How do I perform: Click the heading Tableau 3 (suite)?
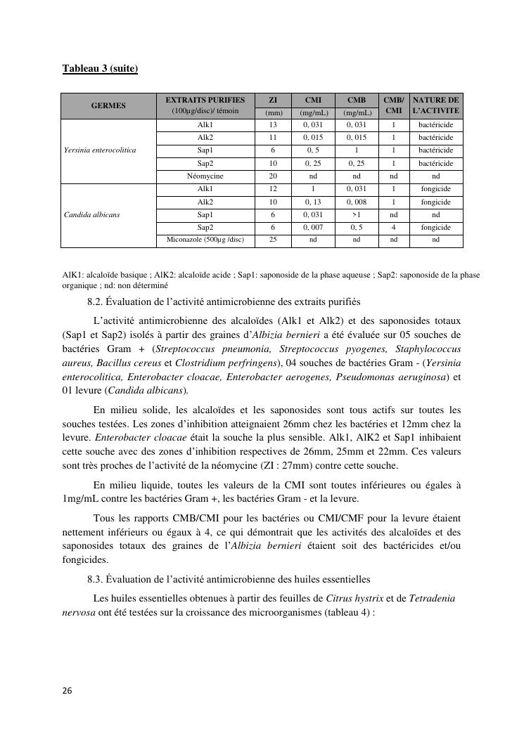click(100, 68)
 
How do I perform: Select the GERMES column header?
click(108, 105)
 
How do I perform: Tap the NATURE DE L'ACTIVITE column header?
click(435, 105)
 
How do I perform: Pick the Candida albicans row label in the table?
click(91, 215)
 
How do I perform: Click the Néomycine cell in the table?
click(205, 176)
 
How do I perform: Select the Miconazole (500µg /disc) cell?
click(205, 240)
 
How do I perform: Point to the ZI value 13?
click(273, 125)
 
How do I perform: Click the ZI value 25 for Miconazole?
click(273, 240)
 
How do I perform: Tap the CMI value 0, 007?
click(313, 228)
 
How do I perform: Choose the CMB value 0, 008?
click(357, 202)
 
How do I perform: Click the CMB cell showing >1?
click(357, 215)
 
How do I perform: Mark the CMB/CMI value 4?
click(394, 228)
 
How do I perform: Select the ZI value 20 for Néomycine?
click(273, 176)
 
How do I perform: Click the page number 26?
click(67, 691)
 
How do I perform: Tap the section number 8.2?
click(95, 302)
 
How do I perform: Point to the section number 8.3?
click(95, 580)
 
